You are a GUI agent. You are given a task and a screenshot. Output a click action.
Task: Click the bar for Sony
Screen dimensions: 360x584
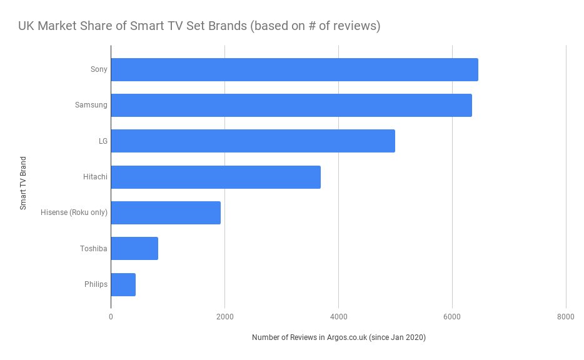click(x=294, y=69)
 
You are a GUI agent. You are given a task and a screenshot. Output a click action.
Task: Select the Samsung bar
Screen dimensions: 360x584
click(x=291, y=105)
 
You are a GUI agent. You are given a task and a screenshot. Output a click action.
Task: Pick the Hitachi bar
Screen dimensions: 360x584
click(x=216, y=177)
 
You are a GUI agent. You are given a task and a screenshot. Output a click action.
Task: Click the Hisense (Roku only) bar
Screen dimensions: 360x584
click(x=166, y=212)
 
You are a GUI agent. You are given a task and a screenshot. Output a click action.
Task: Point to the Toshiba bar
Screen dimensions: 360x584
click(x=134, y=248)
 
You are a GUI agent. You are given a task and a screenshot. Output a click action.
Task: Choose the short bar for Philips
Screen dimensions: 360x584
click(x=123, y=284)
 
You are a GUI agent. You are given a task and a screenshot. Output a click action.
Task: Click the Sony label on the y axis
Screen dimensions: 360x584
click(x=99, y=69)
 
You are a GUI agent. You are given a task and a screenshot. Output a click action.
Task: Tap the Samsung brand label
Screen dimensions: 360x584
click(x=91, y=105)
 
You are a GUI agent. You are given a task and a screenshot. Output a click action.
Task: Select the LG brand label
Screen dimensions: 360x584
click(x=103, y=141)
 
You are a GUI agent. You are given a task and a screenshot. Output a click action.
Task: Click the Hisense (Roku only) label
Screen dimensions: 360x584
click(x=74, y=212)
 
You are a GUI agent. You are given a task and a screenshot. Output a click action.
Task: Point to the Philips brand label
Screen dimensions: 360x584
click(x=96, y=284)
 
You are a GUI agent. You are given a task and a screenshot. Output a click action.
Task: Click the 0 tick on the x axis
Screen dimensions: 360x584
click(x=111, y=317)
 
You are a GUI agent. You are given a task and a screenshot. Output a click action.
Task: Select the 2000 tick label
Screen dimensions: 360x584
click(x=224, y=317)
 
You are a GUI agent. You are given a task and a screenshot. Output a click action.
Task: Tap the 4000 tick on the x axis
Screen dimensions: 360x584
click(x=338, y=317)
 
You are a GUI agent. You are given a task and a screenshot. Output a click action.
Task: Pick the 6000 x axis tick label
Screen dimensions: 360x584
click(x=452, y=317)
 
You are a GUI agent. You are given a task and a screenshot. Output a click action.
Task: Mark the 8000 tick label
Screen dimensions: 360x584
click(x=565, y=317)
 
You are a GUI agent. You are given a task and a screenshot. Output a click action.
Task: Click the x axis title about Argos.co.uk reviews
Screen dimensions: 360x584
click(x=338, y=337)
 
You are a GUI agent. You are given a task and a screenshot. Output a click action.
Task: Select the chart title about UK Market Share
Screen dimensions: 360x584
click(x=198, y=26)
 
